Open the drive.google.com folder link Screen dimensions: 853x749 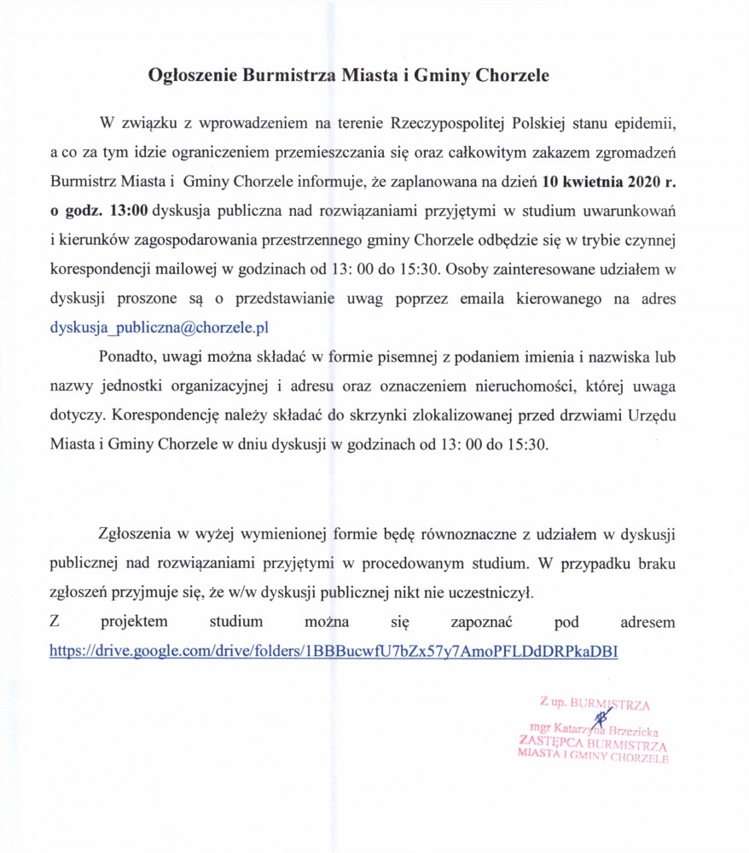point(334,650)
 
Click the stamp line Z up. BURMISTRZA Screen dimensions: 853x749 point(595,705)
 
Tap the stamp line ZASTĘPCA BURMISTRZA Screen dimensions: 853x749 point(593,743)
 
